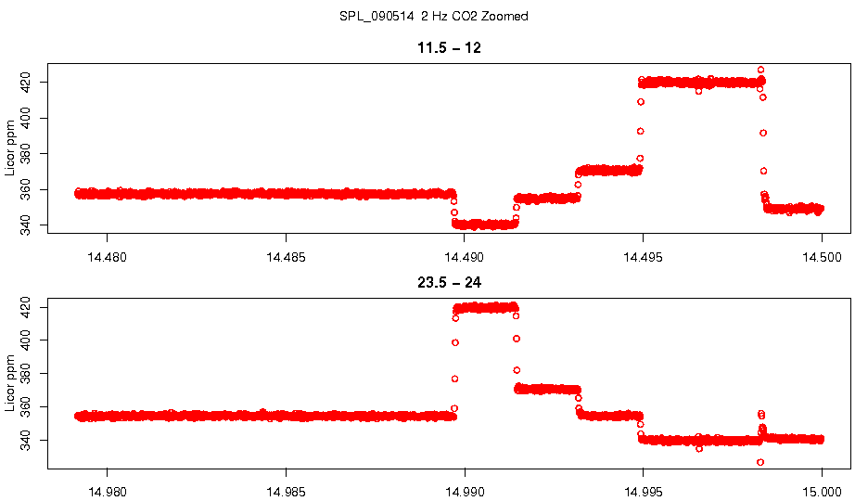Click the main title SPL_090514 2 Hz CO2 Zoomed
434,17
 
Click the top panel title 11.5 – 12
449,48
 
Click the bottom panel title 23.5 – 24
449,282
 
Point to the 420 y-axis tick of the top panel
26,83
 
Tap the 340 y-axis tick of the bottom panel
26,440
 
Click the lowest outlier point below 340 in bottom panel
760,462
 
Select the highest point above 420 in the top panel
761,70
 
